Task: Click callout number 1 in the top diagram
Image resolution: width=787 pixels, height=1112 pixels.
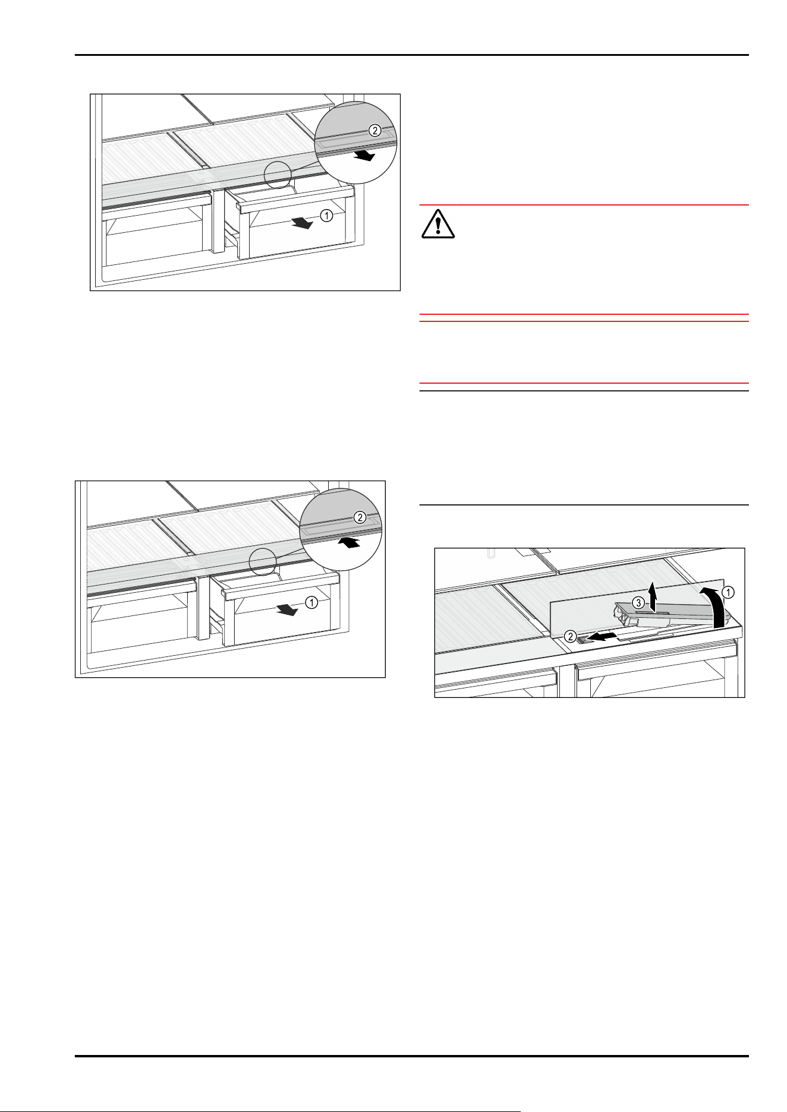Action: point(326,217)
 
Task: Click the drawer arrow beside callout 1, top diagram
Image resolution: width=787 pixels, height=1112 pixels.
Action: point(301,223)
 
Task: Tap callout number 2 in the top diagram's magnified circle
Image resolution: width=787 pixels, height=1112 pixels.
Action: point(374,129)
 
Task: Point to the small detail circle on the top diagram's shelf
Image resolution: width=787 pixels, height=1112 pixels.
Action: point(278,174)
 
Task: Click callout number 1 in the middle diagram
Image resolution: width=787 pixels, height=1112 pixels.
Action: point(311,602)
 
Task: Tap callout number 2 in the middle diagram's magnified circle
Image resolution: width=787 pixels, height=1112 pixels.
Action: point(360,517)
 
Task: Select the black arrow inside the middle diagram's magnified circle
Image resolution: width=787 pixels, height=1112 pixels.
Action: point(350,542)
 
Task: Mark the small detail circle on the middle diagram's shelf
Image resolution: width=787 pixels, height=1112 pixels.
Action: point(262,561)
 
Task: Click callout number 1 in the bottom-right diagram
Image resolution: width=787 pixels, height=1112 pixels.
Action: point(728,592)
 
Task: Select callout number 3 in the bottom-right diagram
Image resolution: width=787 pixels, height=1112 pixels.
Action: point(637,602)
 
